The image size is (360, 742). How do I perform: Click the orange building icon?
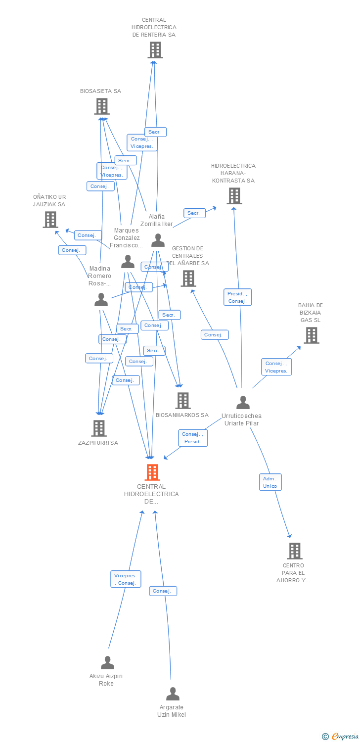tap(152, 472)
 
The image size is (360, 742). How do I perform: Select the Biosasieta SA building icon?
tap(101, 106)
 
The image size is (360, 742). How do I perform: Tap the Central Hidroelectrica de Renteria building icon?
tap(155, 50)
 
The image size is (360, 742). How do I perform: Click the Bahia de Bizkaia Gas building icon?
tap(311, 335)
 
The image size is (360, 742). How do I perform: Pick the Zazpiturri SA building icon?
tap(99, 428)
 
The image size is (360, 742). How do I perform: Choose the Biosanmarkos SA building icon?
tap(183, 400)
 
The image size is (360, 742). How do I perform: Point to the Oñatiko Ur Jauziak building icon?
tap(50, 220)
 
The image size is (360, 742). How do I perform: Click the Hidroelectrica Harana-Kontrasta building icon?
tap(234, 196)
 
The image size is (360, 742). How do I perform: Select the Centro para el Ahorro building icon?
tap(294, 551)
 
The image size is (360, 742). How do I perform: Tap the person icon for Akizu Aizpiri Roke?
tap(107, 662)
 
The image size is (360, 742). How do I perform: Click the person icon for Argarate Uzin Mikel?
tap(173, 694)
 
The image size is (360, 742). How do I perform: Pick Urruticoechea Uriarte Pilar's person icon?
tap(243, 403)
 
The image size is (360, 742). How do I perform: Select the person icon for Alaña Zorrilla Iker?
tap(158, 240)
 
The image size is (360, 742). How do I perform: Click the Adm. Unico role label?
tap(270, 482)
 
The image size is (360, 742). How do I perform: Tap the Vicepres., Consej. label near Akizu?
tap(126, 579)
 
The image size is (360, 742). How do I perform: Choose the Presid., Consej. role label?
tap(237, 297)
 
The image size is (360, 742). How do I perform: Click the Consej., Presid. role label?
tap(192, 438)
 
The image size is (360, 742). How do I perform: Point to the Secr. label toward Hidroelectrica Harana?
tap(194, 213)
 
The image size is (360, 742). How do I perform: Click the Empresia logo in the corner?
tap(341, 737)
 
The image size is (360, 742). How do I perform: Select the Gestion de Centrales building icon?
tap(188, 278)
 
